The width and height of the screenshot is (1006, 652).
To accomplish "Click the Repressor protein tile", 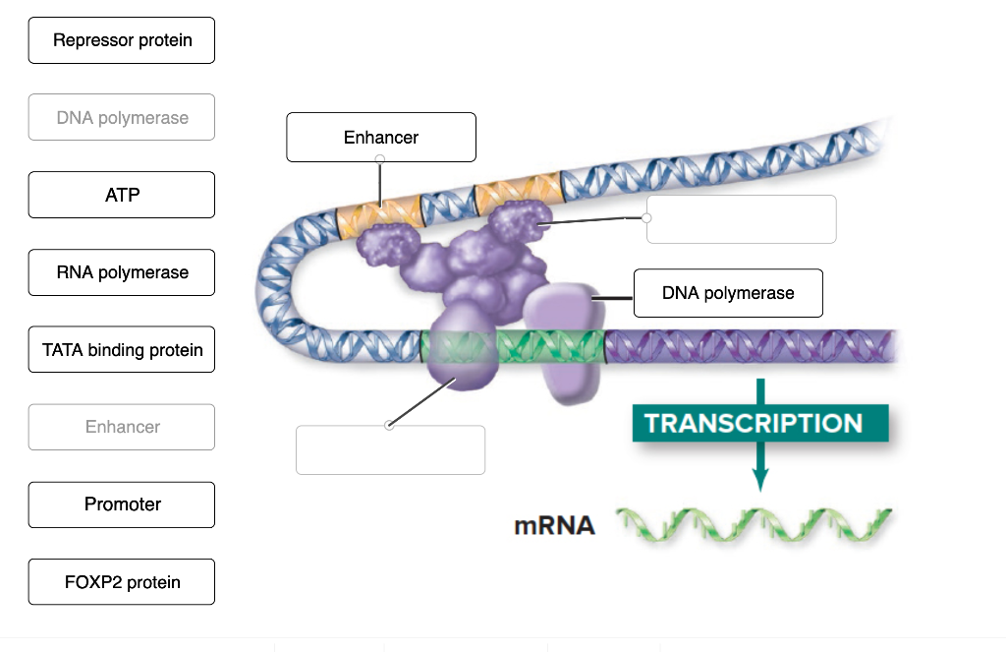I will click(x=122, y=40).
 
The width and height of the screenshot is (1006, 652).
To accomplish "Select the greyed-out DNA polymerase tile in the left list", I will click(x=122, y=118).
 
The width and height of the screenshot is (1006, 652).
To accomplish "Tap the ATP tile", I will click(x=122, y=195).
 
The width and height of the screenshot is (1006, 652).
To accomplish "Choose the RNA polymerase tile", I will click(x=122, y=272).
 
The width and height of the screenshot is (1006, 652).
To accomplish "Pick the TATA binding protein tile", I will click(x=122, y=349).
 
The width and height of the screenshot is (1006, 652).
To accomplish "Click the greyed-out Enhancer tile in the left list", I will click(x=122, y=427).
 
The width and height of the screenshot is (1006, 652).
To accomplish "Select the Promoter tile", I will click(x=122, y=504).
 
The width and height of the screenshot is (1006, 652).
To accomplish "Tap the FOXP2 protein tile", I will click(x=122, y=582).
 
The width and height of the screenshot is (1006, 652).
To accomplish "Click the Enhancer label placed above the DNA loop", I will click(x=381, y=138).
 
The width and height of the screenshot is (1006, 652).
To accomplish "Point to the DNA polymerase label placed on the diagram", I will click(x=728, y=293).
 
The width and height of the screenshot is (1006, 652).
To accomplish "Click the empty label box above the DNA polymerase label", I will click(x=741, y=219).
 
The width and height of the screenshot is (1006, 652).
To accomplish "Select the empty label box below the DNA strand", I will click(x=390, y=450).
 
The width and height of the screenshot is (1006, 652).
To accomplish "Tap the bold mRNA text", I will click(x=554, y=526).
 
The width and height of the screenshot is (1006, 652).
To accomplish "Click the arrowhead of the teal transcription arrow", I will click(x=759, y=479).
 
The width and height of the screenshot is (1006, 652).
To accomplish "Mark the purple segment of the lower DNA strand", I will click(x=747, y=346).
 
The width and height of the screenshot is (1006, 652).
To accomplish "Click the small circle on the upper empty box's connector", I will click(x=646, y=217).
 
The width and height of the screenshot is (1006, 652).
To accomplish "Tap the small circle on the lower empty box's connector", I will click(x=390, y=426).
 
